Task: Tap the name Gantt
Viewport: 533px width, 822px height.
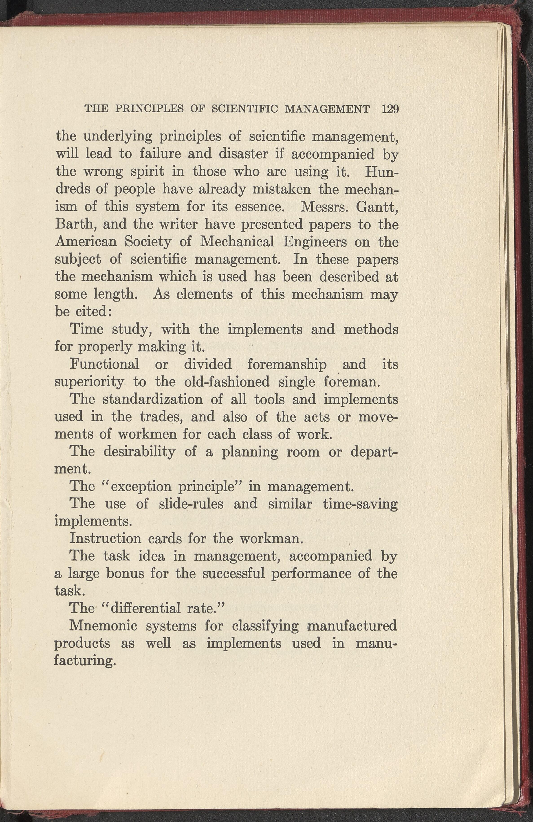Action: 377,207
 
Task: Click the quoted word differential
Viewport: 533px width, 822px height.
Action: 145,608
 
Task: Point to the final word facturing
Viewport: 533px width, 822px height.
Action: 84,661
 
